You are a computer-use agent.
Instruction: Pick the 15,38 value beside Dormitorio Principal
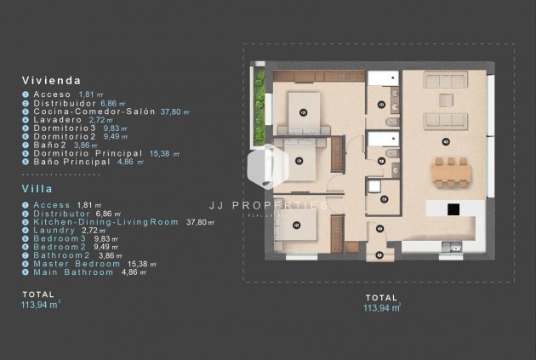158,153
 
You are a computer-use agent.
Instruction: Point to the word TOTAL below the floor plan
381,298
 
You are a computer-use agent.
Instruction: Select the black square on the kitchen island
453,209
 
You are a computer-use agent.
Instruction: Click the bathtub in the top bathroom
383,79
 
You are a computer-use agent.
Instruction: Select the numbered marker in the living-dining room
446,140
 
